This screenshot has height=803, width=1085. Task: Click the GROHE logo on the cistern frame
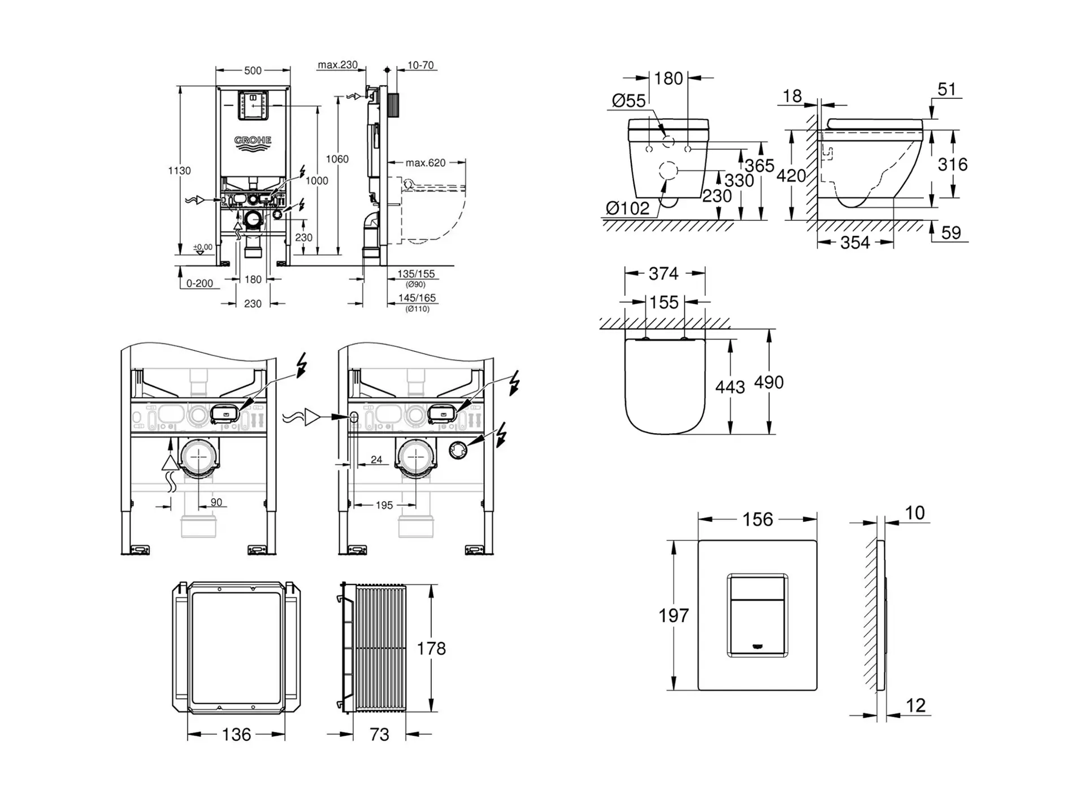[x=253, y=141]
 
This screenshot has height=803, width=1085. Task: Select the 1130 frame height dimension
[x=180, y=171]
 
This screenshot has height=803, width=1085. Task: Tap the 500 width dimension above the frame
[x=253, y=71]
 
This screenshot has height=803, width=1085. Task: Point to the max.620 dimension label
[x=426, y=163]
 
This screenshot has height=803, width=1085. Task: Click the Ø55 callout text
[x=628, y=101]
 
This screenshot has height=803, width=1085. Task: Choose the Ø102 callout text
[x=627, y=208]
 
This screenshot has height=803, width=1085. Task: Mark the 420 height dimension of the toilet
[x=791, y=176]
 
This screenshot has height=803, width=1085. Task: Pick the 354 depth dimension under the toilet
[x=854, y=243]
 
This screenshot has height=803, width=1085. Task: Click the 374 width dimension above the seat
[x=663, y=273]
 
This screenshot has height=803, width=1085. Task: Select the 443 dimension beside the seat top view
[x=730, y=387]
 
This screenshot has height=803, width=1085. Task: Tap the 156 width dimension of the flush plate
[x=757, y=520]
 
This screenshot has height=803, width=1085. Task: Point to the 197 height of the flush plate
[x=674, y=615]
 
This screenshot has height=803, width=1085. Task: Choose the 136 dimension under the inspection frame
[x=236, y=735]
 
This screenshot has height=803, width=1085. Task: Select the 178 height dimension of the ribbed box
[x=431, y=648]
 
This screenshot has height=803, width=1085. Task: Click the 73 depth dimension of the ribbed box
[x=379, y=735]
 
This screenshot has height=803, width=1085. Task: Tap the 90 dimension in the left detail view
[x=216, y=503]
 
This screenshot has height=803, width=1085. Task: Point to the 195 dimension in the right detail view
[x=384, y=505]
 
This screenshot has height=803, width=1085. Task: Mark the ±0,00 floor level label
[x=203, y=247]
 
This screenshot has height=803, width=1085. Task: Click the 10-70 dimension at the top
[x=420, y=66]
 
